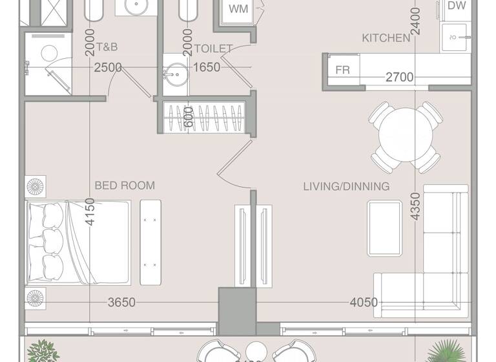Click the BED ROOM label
(125, 186)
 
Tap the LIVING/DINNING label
(346, 186)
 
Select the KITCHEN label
(386, 38)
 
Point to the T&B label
(107, 47)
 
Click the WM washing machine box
(238, 10)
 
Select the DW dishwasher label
(457, 6)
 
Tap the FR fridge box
(342, 70)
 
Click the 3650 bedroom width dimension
(121, 302)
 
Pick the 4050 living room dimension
(363, 302)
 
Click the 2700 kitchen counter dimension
(399, 78)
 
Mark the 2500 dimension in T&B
(108, 67)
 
